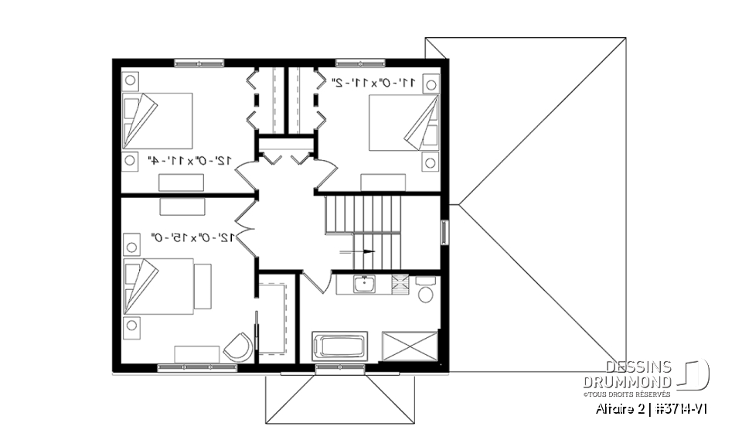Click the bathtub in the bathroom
[339, 345]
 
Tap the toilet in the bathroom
[424, 292]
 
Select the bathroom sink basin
[362, 285]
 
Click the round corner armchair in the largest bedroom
[239, 347]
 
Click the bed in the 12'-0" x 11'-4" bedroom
[157, 121]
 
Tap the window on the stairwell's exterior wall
[444, 233]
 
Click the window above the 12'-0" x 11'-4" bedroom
[199, 63]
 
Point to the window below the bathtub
[339, 369]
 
